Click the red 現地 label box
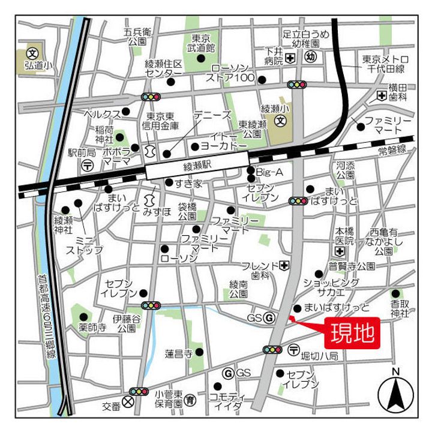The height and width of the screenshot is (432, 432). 352,331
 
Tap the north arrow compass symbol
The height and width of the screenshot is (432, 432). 395,394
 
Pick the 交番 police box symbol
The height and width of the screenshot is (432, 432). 128,403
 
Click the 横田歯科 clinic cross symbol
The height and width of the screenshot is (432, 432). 382,95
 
